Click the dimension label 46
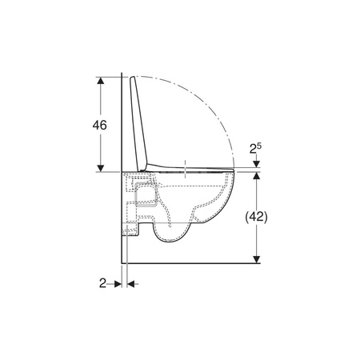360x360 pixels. (x=99, y=125)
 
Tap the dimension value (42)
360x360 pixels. (x=256, y=217)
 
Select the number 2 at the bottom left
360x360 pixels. (x=102, y=283)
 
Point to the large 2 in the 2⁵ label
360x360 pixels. (x=253, y=149)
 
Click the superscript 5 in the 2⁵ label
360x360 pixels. (x=259, y=146)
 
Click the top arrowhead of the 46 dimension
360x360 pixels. (x=101, y=80)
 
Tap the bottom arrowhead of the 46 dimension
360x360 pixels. (x=101, y=168)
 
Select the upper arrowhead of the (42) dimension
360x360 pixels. (x=256, y=175)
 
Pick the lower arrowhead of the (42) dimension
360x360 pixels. (x=256, y=259)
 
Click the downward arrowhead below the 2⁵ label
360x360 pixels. (x=256, y=164)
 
